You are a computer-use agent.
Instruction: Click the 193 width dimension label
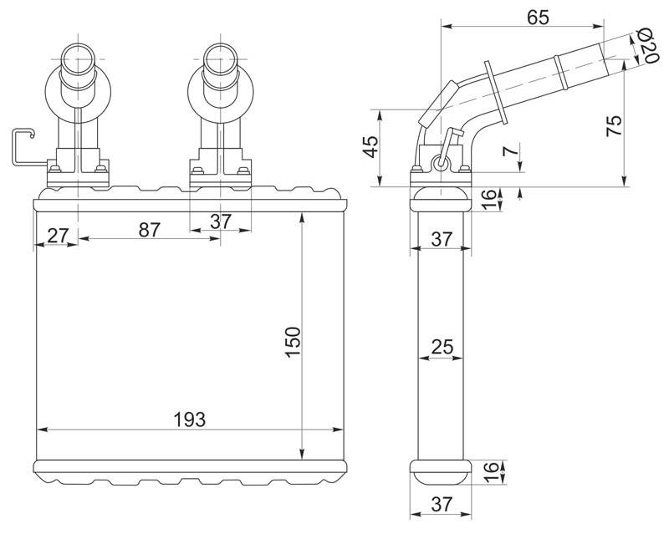190,420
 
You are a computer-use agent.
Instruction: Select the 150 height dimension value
294,343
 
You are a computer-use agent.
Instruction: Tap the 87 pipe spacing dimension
150,230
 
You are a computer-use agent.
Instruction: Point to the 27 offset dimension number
58,236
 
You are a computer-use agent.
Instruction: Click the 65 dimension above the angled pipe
538,18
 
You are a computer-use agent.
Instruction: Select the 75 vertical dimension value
615,125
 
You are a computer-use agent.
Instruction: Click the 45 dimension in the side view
371,147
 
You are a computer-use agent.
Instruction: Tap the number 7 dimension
511,150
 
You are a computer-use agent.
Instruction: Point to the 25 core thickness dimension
442,347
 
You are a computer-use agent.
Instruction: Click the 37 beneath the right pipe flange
221,221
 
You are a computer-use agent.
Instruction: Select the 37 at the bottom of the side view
442,505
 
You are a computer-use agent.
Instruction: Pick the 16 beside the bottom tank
491,472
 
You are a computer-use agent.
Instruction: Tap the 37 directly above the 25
442,239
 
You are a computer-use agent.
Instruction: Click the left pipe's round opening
78,58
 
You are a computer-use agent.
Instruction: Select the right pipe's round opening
221,58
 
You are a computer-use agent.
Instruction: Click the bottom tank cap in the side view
441,473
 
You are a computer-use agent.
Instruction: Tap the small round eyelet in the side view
441,163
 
